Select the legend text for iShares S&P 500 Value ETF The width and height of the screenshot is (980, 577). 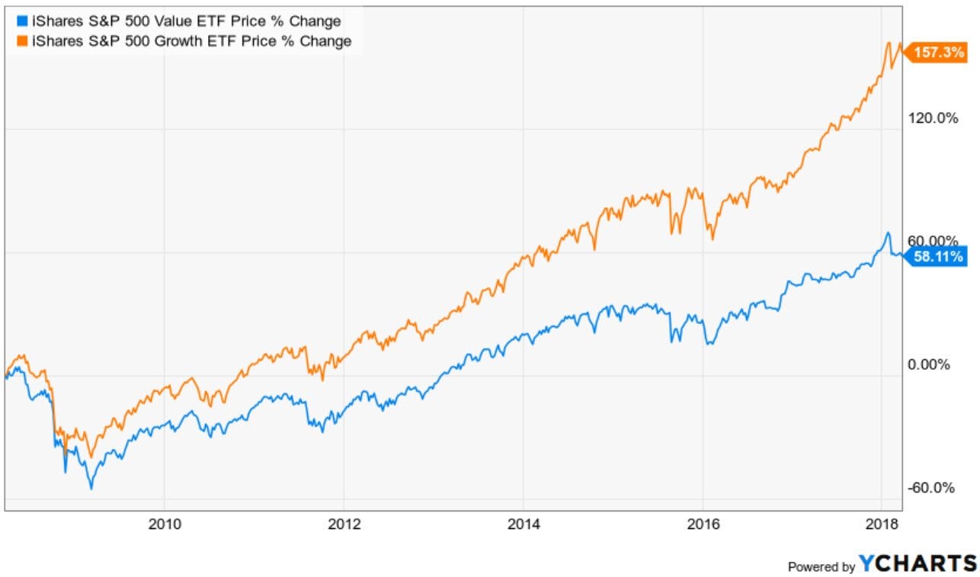[178, 21]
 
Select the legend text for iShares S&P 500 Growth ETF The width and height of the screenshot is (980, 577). [184, 41]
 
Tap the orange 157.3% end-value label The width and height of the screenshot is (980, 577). [936, 55]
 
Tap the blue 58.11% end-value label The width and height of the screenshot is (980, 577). [937, 257]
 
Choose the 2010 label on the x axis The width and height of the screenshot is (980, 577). [164, 524]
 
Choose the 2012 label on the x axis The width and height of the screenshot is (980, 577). [344, 524]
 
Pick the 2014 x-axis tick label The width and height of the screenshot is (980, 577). [523, 524]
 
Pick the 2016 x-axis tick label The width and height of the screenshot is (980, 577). [703, 524]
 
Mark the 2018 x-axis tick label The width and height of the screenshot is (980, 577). [882, 524]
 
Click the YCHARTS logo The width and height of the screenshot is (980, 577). [917, 563]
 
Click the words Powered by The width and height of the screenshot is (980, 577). [821, 566]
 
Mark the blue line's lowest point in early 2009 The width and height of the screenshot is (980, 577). [91, 488]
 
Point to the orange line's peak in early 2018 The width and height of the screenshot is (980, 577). [889, 43]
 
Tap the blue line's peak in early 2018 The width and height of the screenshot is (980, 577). [888, 232]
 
